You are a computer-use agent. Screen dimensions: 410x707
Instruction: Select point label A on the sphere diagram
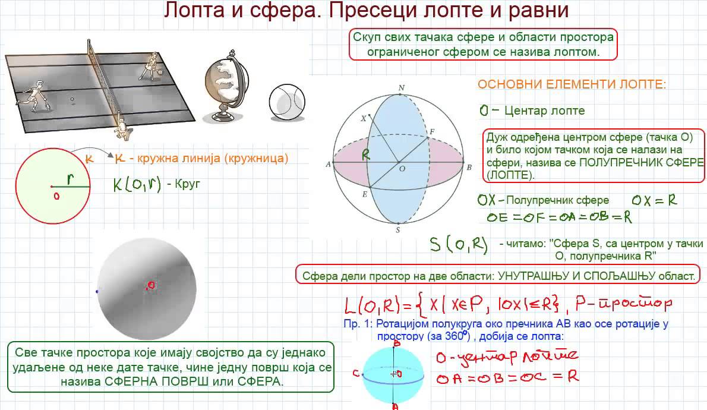click(327, 165)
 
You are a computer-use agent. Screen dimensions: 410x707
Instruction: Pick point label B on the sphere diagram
click(469, 168)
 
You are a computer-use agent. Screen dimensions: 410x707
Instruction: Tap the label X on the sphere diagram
click(363, 118)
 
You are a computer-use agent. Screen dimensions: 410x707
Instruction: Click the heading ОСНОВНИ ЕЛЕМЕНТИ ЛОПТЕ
click(572, 84)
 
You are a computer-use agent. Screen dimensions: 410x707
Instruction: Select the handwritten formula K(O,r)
click(137, 184)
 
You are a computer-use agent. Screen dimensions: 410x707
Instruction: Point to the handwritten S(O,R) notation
click(459, 244)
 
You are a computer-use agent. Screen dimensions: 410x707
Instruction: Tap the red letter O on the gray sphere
click(151, 286)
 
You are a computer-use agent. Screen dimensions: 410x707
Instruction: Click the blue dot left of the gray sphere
click(97, 291)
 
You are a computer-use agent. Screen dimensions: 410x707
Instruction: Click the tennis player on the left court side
click(34, 96)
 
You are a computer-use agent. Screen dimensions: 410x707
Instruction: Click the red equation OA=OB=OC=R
click(507, 377)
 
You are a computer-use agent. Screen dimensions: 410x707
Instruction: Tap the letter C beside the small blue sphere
click(355, 373)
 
